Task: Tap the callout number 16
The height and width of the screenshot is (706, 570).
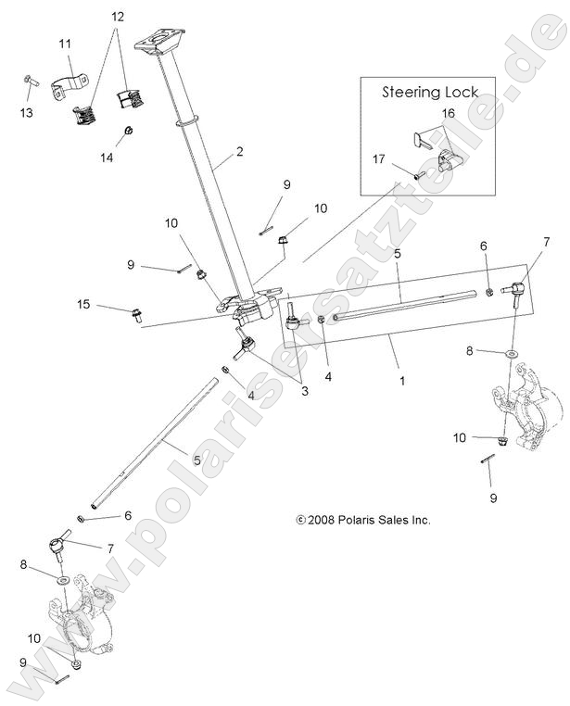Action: [x=448, y=113]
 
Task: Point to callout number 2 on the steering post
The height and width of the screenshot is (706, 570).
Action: [x=239, y=151]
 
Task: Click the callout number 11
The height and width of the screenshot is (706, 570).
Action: [x=64, y=44]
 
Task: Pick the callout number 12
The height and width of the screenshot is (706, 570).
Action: [x=117, y=17]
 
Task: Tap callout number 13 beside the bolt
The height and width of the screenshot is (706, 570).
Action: [x=26, y=112]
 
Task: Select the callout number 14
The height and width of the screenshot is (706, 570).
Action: [x=108, y=158]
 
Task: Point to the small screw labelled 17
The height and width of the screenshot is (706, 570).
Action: [x=419, y=173]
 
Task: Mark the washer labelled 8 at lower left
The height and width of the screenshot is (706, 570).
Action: [x=63, y=578]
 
